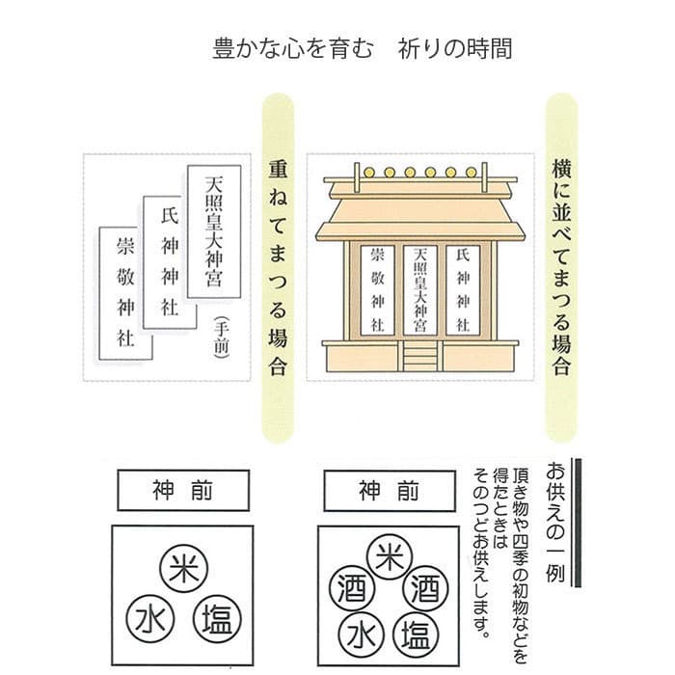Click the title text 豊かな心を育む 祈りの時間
(x=362, y=48)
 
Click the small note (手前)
(x=221, y=338)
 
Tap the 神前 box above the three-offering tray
(x=183, y=489)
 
